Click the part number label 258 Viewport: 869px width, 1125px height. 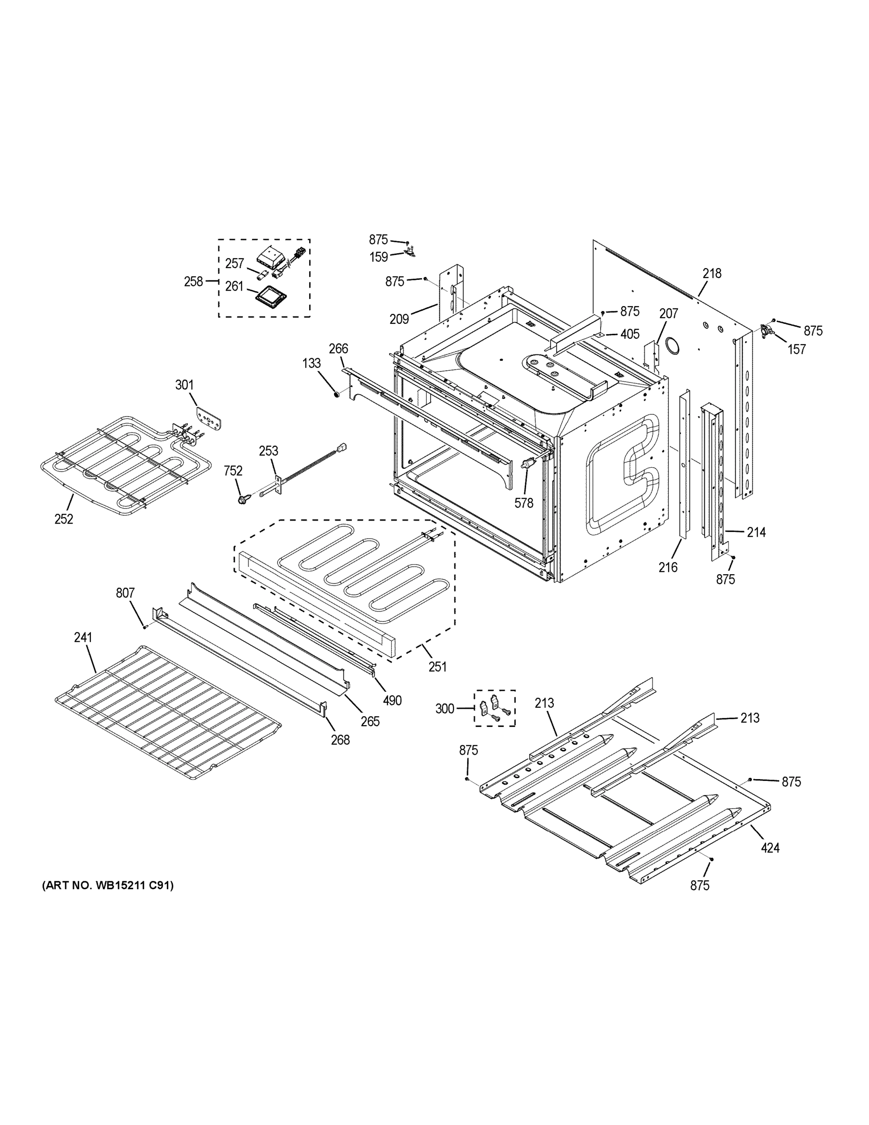coord(193,281)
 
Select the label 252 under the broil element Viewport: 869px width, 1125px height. coord(64,519)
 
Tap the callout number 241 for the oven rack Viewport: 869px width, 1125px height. coord(83,637)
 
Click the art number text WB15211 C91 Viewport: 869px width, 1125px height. coord(108,885)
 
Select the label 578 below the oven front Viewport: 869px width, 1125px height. coord(524,503)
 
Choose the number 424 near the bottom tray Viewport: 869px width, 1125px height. coord(770,847)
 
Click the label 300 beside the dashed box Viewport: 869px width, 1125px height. coord(445,709)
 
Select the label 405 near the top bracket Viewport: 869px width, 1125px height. coord(630,334)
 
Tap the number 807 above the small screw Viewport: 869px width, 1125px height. coord(125,593)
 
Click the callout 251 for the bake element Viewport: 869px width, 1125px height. coord(437,666)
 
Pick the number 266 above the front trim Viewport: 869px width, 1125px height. coord(338,348)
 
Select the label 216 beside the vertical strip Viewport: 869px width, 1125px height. coord(668,567)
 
